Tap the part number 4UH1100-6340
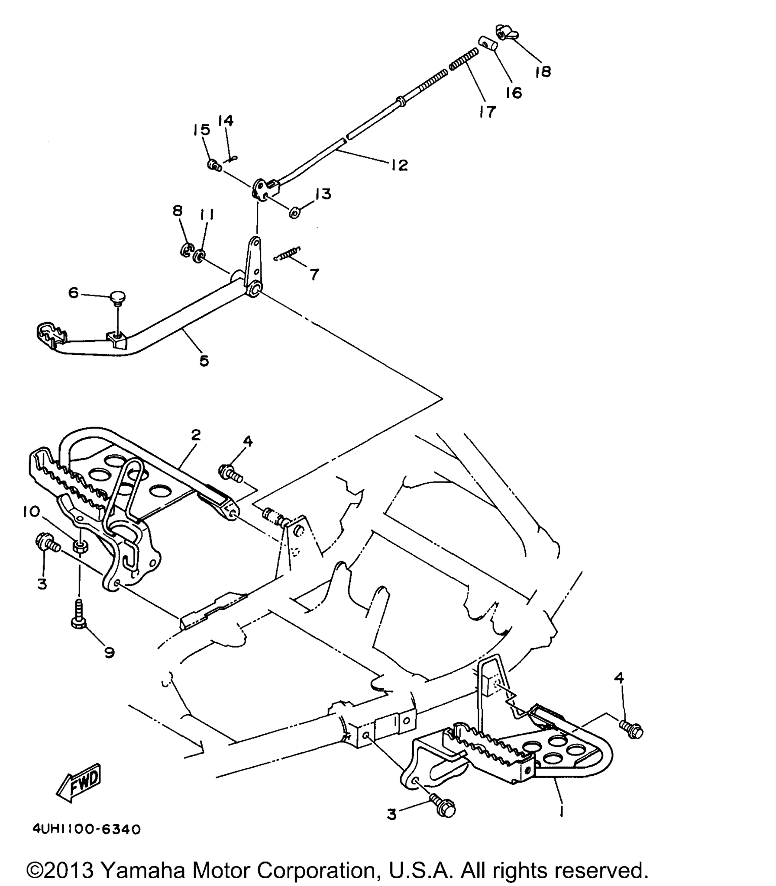(87, 830)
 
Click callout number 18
(543, 71)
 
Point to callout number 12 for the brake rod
(399, 165)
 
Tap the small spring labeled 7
(287, 254)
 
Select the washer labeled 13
(295, 213)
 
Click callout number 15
(201, 130)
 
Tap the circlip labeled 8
(187, 250)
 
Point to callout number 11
(207, 215)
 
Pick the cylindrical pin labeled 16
(489, 44)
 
